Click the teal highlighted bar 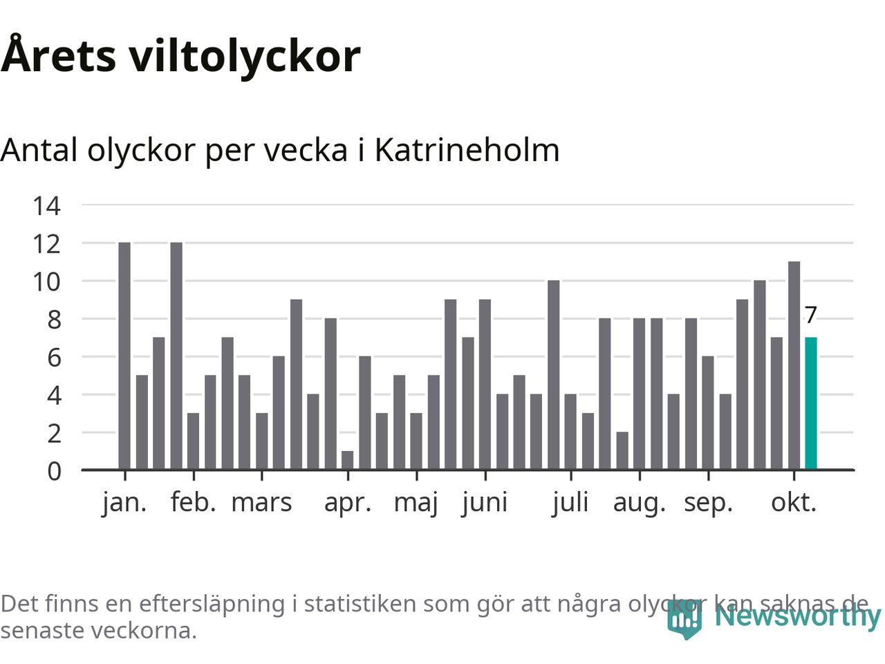point(811,403)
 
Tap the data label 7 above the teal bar point(811,315)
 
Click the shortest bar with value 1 point(347,460)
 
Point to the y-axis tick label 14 point(46,205)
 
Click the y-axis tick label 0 point(54,471)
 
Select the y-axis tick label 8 point(54,320)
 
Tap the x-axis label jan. point(124,502)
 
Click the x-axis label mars point(261,502)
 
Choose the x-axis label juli point(570,502)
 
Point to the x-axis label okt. point(794,502)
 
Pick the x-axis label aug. point(639,502)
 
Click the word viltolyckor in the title point(245,55)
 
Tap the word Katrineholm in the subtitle point(467,150)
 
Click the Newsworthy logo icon point(684,618)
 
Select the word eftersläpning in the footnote point(212,604)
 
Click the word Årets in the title point(59,55)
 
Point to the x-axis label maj point(416,502)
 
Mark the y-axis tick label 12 point(46,243)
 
